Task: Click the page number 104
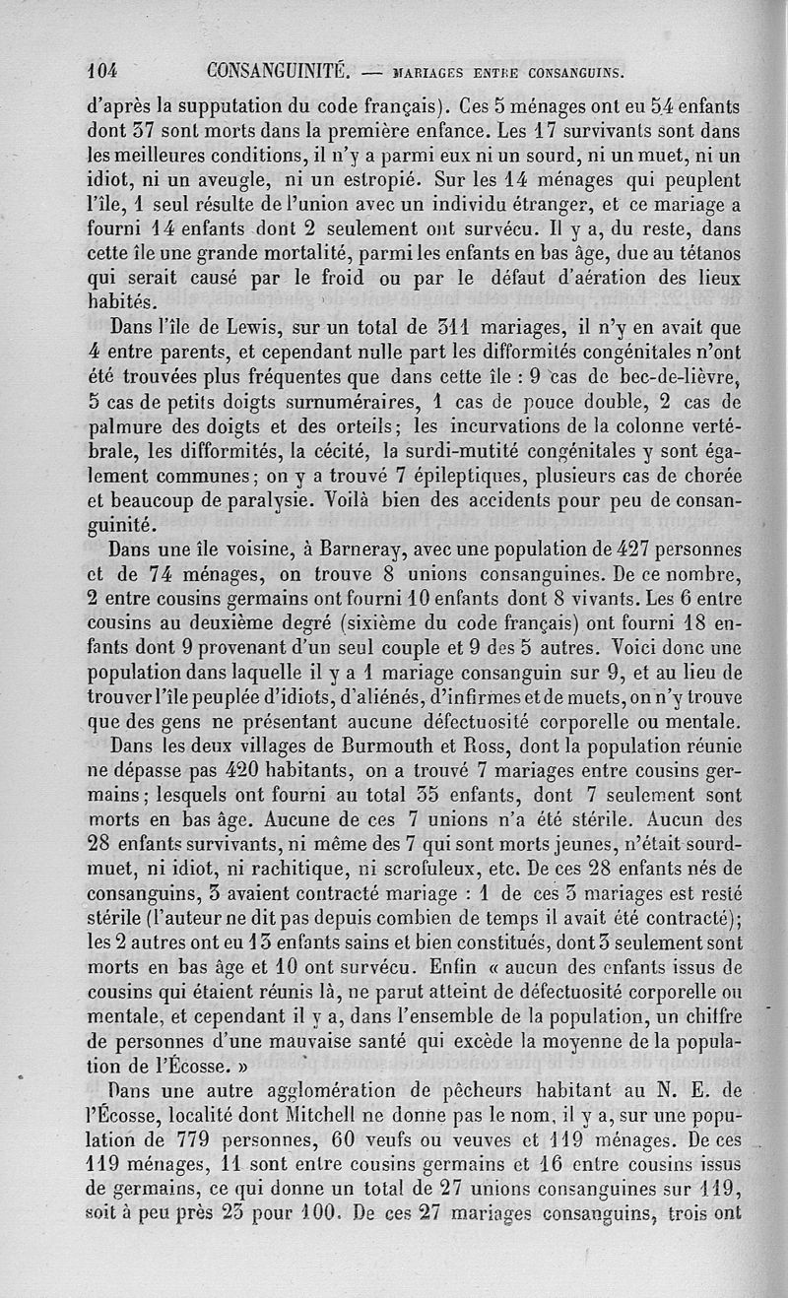tap(102, 70)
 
